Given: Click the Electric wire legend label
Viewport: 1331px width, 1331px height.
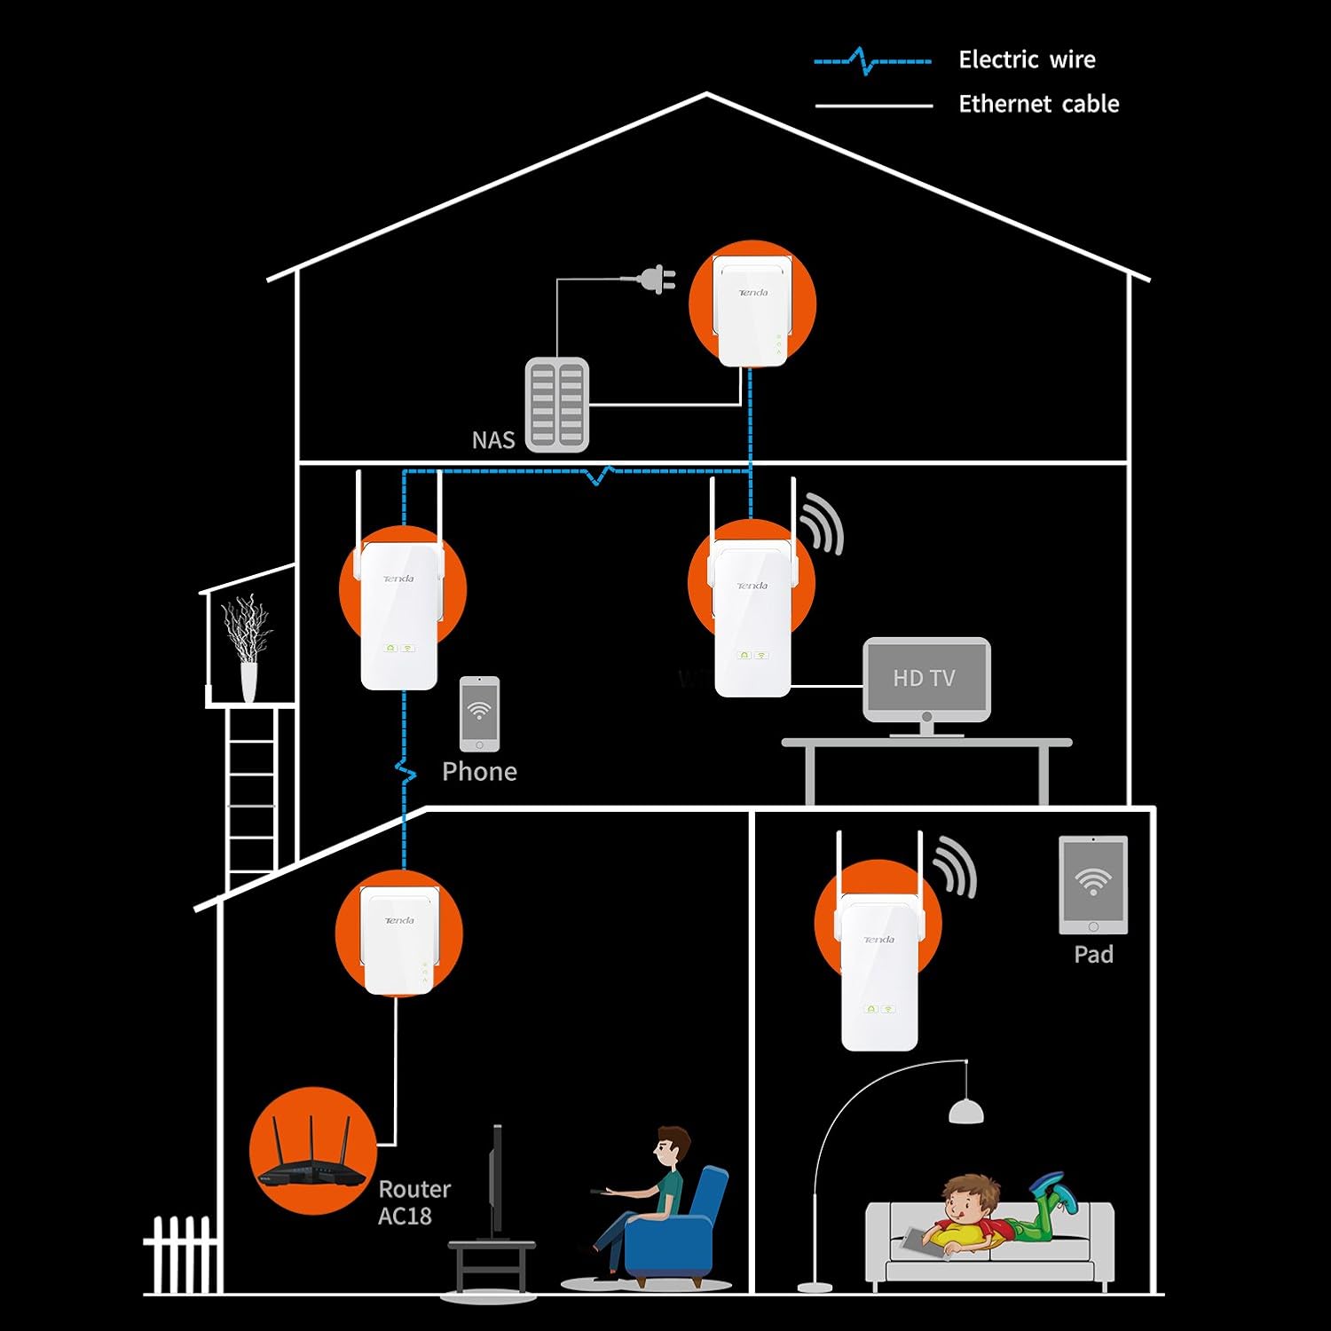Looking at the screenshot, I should pyautogui.click(x=1027, y=59).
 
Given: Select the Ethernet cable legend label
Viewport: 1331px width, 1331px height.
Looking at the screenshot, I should pyautogui.click(x=1038, y=104).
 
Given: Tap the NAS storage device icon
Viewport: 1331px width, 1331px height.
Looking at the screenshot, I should pyautogui.click(x=557, y=405).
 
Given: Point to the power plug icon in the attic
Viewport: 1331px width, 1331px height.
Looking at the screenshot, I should pyautogui.click(x=657, y=280).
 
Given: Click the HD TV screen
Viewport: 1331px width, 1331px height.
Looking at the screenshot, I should pyautogui.click(x=926, y=678).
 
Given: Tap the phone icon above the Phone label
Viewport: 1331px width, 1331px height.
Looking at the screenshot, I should pyautogui.click(x=479, y=713).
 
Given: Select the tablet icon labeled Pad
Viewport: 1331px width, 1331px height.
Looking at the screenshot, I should pyautogui.click(x=1093, y=885).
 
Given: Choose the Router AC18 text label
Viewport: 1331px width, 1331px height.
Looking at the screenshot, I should pyautogui.click(x=414, y=1201).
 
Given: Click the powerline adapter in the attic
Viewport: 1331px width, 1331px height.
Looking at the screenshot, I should pyautogui.click(x=752, y=311).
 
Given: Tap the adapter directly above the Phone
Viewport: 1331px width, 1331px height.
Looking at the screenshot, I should pyautogui.click(x=399, y=612).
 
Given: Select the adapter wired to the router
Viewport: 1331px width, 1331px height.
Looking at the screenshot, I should pyautogui.click(x=399, y=941).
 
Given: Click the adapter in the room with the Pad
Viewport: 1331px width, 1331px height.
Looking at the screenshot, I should pyautogui.click(x=879, y=967).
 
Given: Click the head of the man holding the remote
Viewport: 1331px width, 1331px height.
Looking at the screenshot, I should pyautogui.click(x=672, y=1147).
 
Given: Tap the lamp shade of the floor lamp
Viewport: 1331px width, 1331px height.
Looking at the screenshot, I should pyautogui.click(x=965, y=1110).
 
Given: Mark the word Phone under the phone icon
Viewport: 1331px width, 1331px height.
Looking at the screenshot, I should pyautogui.click(x=479, y=771).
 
